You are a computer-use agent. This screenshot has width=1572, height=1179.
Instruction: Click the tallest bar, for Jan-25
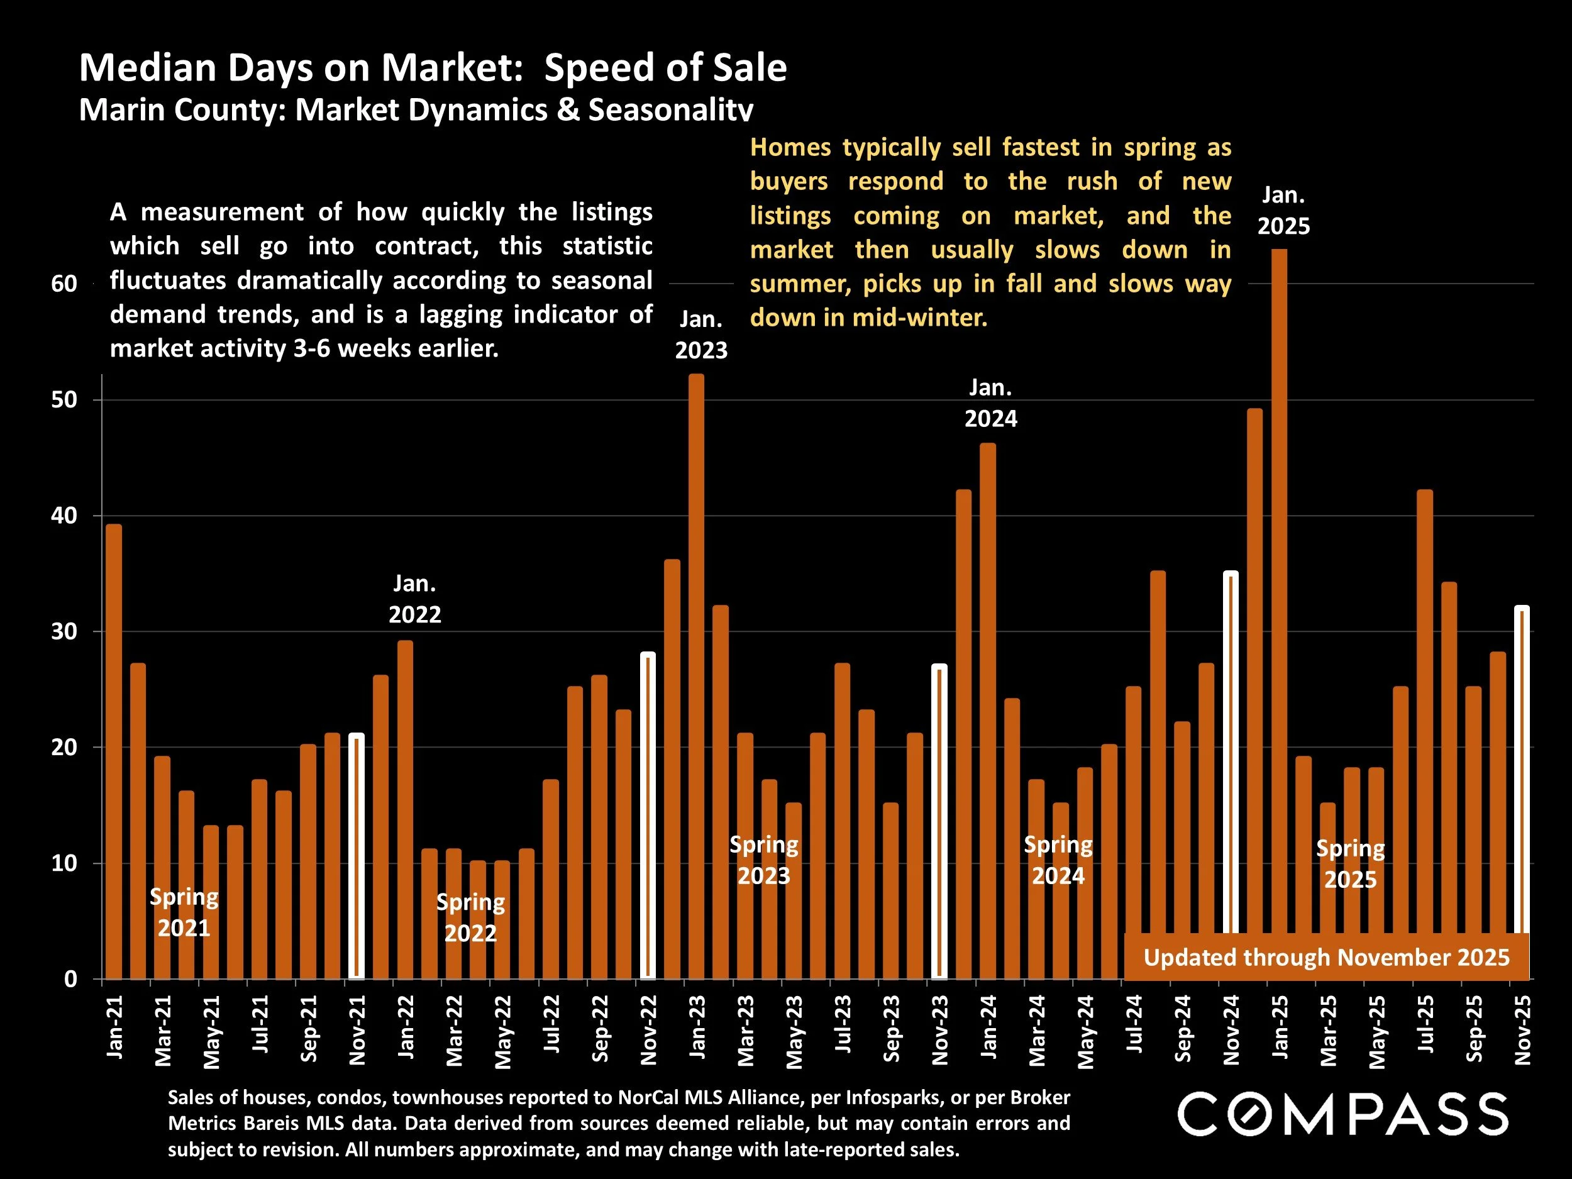tap(1278, 611)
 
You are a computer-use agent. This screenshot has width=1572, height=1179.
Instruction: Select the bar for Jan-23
tap(697, 675)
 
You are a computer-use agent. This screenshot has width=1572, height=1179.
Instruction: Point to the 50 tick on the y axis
tap(64, 399)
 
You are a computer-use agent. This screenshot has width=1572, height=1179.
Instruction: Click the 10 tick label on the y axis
tap(64, 863)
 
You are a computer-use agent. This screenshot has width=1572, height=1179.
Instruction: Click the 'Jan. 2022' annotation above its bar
tap(415, 599)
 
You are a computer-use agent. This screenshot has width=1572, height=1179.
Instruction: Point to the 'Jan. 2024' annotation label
tap(990, 403)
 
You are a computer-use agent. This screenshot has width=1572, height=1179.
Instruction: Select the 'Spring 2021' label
tap(184, 912)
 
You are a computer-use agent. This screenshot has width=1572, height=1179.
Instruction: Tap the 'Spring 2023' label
tap(764, 860)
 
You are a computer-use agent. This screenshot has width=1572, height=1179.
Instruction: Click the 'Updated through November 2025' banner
tap(1326, 957)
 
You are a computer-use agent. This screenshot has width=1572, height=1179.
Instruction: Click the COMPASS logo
tap(1342, 1114)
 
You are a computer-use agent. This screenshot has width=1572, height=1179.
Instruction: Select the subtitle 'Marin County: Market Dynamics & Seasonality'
tap(416, 110)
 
